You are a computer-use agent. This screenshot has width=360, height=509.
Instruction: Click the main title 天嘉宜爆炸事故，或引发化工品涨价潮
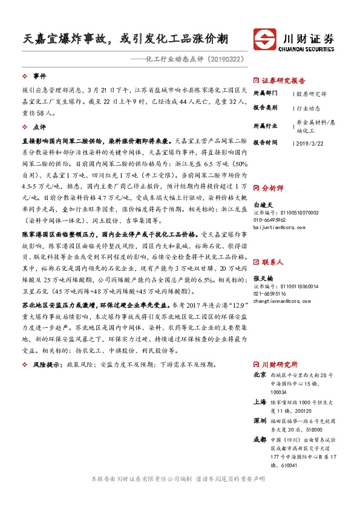coord(122,38)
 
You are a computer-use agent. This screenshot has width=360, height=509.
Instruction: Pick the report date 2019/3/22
coord(311,143)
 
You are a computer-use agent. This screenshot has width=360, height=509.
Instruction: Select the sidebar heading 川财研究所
coord(280,365)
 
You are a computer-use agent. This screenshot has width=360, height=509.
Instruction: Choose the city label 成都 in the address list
coord(259,439)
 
